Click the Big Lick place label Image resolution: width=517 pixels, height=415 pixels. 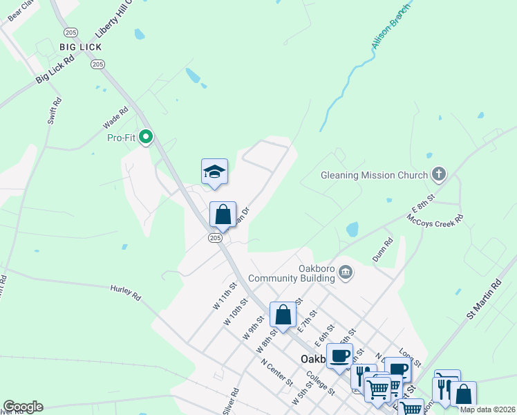point(80,47)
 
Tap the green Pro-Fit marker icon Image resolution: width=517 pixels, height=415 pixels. point(145,137)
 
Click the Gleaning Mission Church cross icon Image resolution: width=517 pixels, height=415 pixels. point(438,175)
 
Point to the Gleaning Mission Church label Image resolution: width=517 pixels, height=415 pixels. point(375,175)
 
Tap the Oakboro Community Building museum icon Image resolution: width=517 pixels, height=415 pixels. point(346,275)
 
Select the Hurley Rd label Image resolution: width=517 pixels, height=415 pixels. point(126,293)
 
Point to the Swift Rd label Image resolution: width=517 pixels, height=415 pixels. point(55,111)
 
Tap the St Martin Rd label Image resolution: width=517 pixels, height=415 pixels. point(485,299)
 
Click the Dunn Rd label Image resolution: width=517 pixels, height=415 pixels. point(382,250)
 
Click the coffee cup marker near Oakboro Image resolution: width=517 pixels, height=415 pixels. point(339,356)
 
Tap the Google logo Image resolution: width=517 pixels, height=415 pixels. point(23,407)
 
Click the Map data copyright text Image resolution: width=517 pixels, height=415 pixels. point(487,409)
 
